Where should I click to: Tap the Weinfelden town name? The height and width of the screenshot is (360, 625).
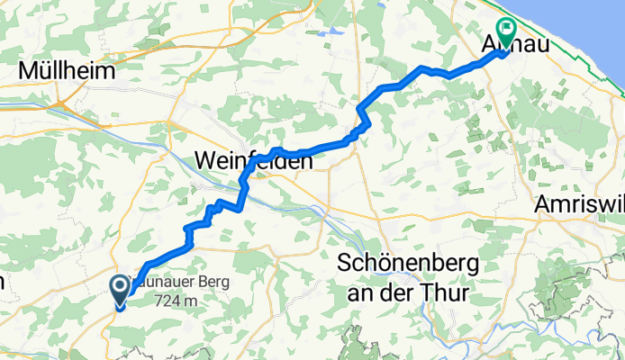pyautogui.click(x=254, y=162)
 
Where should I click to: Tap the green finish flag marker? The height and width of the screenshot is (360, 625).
pyautogui.click(x=504, y=33)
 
